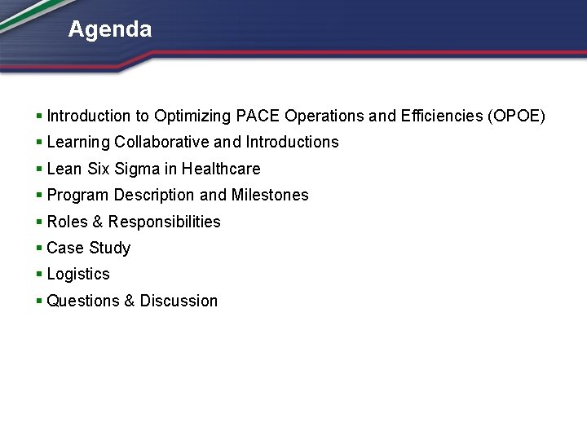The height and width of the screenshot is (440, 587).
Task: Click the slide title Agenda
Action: pyautogui.click(x=109, y=30)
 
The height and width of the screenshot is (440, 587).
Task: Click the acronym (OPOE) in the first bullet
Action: pyautogui.click(x=516, y=116)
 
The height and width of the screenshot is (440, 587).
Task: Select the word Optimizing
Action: pyautogui.click(x=192, y=116)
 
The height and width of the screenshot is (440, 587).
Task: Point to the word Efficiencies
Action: pyautogui.click(x=441, y=116)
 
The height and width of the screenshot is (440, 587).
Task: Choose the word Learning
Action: pyautogui.click(x=78, y=142)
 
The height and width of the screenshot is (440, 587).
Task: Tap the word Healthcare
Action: pyautogui.click(x=221, y=169)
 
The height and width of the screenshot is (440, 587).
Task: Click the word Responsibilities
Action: pyautogui.click(x=164, y=222)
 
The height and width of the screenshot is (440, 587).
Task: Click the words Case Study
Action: pyautogui.click(x=89, y=248)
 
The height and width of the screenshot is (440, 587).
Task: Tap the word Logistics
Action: pyautogui.click(x=78, y=274)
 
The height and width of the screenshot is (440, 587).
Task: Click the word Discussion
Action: pyautogui.click(x=179, y=301)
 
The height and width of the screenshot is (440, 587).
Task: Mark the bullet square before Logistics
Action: pyautogui.click(x=39, y=275)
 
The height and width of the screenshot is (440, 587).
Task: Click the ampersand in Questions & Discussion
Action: pyautogui.click(x=129, y=301)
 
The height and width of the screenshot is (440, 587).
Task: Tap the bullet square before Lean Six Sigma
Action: pyautogui.click(x=39, y=169)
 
